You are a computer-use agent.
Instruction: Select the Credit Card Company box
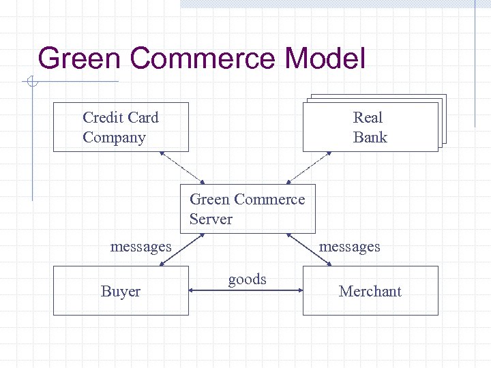[121, 127]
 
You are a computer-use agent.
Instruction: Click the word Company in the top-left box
[114, 138]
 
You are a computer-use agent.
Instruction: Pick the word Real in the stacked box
[368, 117]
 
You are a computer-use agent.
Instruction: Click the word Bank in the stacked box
[370, 138]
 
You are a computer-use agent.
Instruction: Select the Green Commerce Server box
[247, 209]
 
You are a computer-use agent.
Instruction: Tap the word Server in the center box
[211, 219]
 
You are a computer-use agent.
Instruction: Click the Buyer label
[121, 292]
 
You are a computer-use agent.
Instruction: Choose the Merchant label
[370, 292]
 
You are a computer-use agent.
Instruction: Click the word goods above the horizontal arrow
[247, 279]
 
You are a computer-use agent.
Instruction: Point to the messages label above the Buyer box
[140, 246]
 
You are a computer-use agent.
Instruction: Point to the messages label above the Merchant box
[349, 246]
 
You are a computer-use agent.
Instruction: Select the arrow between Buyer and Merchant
[245, 291]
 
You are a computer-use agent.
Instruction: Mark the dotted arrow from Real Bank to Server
[309, 168]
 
